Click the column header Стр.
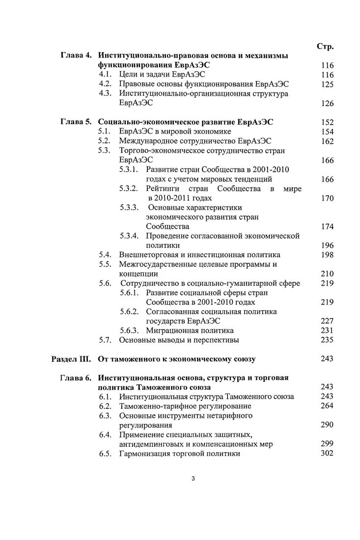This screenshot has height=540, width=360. (x=325, y=47)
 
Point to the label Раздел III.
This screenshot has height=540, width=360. (x=72, y=359)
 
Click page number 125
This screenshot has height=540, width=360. (x=327, y=84)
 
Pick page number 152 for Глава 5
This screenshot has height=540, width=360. (x=327, y=122)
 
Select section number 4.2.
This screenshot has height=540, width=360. (x=106, y=84)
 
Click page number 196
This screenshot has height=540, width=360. (x=327, y=245)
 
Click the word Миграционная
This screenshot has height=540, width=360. (x=173, y=330)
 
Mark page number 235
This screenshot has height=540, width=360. (x=327, y=340)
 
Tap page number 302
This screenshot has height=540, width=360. (x=327, y=453)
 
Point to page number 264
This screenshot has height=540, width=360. (x=327, y=406)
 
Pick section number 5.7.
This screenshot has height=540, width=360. (x=106, y=340)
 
